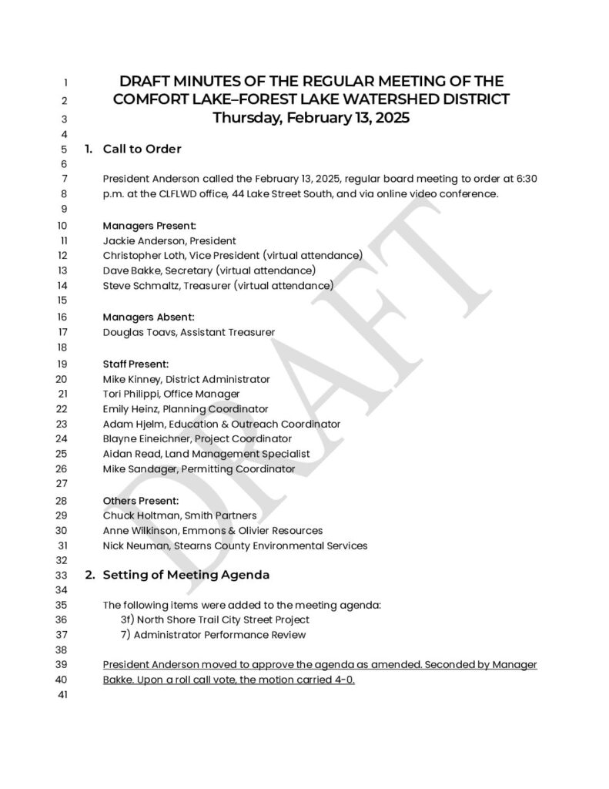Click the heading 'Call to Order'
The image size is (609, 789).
[142, 149]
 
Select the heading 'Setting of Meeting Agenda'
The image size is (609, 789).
[186, 575]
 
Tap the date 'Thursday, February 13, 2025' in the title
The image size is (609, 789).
[310, 119]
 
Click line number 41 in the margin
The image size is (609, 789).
[64, 696]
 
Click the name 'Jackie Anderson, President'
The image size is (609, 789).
[169, 240]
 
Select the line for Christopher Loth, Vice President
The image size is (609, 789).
[233, 255]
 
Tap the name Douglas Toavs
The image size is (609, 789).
[139, 332]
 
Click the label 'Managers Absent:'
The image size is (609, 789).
[149, 317]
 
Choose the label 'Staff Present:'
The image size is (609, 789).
[136, 364]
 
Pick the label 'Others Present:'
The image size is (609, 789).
[141, 500]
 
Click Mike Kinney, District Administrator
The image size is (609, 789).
[186, 379]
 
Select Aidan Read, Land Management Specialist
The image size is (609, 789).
[206, 454]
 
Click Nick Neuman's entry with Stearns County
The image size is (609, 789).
[235, 546]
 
